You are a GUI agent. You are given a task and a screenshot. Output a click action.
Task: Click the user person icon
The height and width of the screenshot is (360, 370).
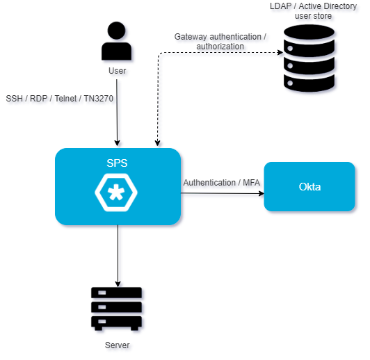[116, 41]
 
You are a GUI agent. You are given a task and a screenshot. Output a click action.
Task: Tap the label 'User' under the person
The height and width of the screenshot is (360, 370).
[117, 71]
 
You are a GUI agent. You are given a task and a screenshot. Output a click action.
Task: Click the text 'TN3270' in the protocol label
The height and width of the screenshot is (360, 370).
[99, 99]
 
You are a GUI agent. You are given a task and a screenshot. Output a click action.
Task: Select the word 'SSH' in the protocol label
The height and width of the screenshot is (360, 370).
[14, 99]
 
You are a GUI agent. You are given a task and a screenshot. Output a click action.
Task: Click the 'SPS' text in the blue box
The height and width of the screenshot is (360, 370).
[117, 163]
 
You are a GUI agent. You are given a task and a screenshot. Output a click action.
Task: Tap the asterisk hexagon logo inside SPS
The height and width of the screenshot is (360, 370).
[116, 193]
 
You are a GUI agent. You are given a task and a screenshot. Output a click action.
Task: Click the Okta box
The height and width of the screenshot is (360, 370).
[309, 186]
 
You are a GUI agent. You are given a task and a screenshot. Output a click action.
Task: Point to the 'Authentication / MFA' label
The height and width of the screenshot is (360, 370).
[222, 183]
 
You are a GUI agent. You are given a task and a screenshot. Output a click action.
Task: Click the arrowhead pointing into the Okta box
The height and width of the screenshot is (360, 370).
[262, 194]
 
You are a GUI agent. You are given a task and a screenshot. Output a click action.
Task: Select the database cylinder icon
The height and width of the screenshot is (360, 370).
[309, 58]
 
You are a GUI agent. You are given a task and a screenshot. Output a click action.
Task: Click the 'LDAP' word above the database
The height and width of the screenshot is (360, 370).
[280, 6]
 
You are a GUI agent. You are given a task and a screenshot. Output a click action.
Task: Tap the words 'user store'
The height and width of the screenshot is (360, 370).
[313, 16]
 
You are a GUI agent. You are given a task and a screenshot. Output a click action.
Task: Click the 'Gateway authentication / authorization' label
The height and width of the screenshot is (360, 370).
[220, 42]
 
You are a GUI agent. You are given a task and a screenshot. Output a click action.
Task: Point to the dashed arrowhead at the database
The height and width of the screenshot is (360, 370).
[280, 52]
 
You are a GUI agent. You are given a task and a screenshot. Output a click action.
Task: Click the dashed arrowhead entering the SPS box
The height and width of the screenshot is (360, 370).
[158, 143]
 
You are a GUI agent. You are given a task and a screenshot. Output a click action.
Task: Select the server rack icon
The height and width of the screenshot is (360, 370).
[116, 309]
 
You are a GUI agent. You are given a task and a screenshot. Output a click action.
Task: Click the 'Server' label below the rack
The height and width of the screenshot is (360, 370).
[117, 345]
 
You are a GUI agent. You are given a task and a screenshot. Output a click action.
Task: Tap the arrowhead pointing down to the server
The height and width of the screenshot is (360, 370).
[118, 284]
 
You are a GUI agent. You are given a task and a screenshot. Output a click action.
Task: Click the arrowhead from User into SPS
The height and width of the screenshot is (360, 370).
[117, 143]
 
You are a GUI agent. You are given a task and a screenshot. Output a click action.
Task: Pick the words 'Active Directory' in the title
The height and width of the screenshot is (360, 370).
[328, 6]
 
